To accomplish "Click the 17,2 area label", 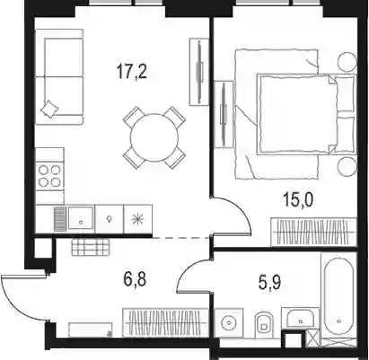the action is pyautogui.click(x=132, y=72).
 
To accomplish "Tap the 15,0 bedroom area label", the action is pyautogui.click(x=298, y=200).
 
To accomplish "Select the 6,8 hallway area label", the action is pyautogui.click(x=135, y=280).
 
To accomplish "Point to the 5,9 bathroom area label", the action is pyautogui.click(x=269, y=283).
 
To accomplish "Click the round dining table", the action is pyautogui.click(x=154, y=137).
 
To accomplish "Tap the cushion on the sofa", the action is pyautogui.click(x=49, y=109).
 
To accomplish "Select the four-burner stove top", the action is pyautogui.click(x=49, y=177).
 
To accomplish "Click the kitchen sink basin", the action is pyautogui.click(x=81, y=218).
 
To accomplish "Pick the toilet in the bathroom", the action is pyautogui.click(x=265, y=324).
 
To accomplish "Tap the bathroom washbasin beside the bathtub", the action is pyautogui.click(x=300, y=319).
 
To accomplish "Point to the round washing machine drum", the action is pyautogui.click(x=229, y=323).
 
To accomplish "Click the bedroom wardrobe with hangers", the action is pyautogui.click(x=313, y=233).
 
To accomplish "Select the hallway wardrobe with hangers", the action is pyautogui.click(x=165, y=323).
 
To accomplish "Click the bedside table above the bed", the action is pyautogui.click(x=347, y=62).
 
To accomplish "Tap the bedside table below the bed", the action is pyautogui.click(x=347, y=166).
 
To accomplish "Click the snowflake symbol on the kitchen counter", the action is pyautogui.click(x=138, y=219).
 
